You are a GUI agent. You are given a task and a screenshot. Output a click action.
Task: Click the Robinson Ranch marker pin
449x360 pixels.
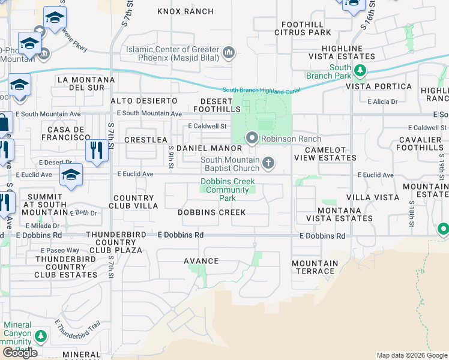(252, 139)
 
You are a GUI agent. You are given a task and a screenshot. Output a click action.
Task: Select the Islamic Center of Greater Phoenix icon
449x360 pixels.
(228, 54)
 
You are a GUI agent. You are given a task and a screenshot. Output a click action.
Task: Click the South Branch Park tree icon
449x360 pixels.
(360, 71)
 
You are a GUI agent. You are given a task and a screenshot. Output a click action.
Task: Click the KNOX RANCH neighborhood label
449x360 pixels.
(185, 11)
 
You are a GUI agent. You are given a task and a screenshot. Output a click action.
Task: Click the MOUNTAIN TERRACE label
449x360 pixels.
(315, 267)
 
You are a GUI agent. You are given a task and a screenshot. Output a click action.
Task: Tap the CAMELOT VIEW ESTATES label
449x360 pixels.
(325, 154)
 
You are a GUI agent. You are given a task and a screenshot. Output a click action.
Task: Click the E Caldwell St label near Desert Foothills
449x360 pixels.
(206, 127)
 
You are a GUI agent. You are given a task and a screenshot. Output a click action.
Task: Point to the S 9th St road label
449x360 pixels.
(171, 155)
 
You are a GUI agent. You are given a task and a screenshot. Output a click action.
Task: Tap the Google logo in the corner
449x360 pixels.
(21, 353)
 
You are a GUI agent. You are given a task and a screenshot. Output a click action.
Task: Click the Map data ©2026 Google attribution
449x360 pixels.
(412, 355)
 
